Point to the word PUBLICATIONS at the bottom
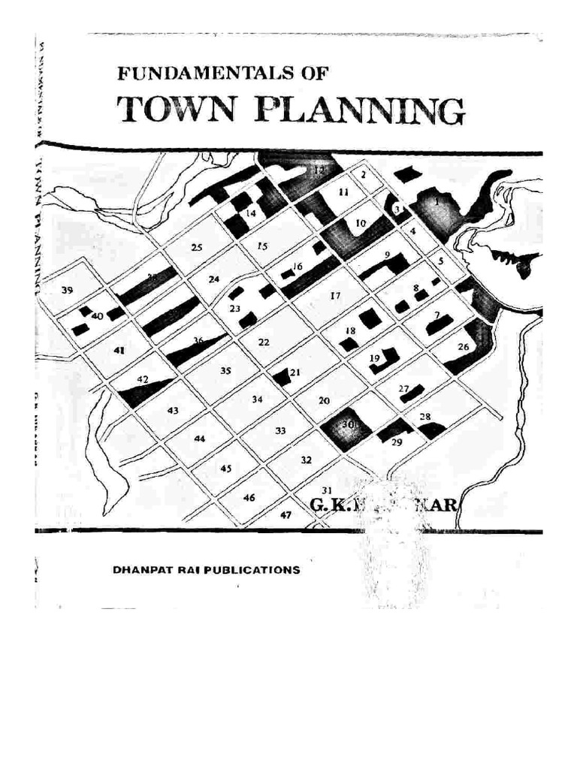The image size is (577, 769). [249, 570]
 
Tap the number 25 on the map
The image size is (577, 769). [197, 248]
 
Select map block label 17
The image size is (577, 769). [335, 295]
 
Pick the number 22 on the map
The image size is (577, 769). [264, 342]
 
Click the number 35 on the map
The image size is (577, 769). [225, 370]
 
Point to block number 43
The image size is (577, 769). [173, 410]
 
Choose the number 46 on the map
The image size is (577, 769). [249, 497]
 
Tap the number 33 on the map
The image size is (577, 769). [280, 430]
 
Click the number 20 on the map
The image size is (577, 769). [324, 401]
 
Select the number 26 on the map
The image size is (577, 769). [463, 347]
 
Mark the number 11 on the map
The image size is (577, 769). [343, 192]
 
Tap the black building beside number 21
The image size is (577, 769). [281, 377]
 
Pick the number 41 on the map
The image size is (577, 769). [118, 349]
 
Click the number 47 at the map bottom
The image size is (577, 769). [285, 515]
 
